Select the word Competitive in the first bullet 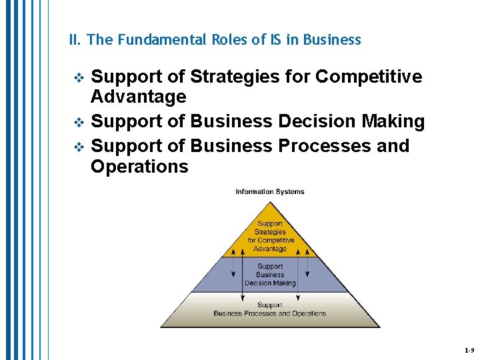click(x=369, y=77)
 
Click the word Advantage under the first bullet click(x=138, y=97)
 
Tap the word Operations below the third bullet click(x=139, y=166)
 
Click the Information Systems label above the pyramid click(x=270, y=192)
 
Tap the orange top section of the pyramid click(x=270, y=233)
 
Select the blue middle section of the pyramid click(x=270, y=275)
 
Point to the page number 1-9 click(x=469, y=350)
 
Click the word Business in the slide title click(x=332, y=40)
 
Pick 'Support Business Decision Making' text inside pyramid click(x=270, y=275)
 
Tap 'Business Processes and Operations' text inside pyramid click(x=270, y=313)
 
